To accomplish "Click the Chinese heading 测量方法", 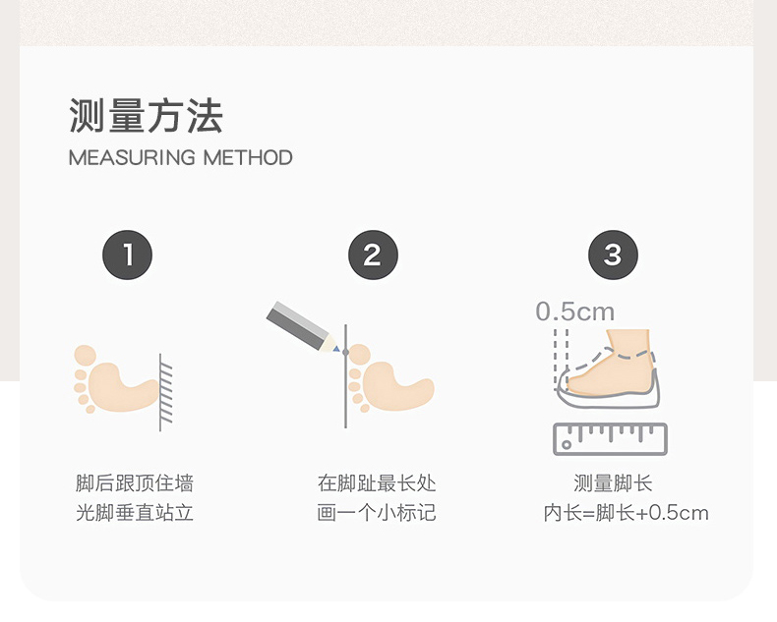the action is click(146, 115).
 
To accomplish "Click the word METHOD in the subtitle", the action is click(248, 158).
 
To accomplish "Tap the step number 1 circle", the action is click(127, 254).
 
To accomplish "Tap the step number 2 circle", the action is click(373, 254).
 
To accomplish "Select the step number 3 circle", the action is click(613, 254).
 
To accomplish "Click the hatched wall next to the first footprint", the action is click(165, 392).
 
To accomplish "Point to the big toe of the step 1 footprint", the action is click(85, 356).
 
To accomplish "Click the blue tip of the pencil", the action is click(336, 350).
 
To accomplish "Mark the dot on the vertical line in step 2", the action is click(345, 352).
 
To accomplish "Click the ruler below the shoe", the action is click(610, 439).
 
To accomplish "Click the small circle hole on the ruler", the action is click(566, 445).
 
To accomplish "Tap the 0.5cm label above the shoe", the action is click(574, 312).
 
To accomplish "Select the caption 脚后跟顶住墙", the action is click(135, 482).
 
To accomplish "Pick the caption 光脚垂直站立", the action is click(135, 513).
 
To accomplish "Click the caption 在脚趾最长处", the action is click(377, 482).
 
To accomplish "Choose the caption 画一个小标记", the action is click(377, 513).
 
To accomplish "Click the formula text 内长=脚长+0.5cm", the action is click(626, 513).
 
